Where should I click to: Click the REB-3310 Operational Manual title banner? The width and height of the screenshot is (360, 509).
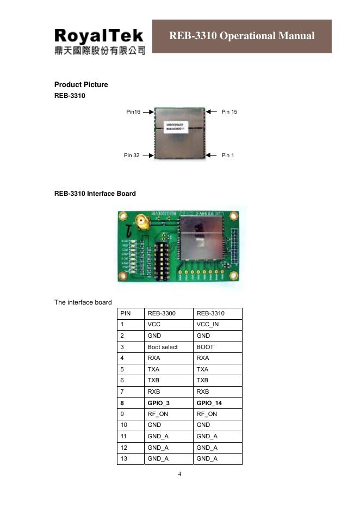[242, 36]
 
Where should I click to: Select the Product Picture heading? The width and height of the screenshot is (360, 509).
[81, 84]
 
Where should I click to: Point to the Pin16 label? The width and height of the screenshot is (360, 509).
[133, 112]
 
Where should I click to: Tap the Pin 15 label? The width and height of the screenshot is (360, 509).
[229, 112]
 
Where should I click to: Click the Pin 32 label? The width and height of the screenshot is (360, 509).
[132, 156]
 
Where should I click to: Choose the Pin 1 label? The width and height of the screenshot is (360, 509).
[228, 156]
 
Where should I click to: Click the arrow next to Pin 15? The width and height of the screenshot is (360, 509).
[212, 112]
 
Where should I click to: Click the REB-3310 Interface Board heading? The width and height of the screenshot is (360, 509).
[95, 194]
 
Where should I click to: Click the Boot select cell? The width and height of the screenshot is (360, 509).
[163, 347]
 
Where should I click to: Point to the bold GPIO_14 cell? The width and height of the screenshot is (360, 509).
[209, 403]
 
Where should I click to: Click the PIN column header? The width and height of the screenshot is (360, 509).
[126, 314]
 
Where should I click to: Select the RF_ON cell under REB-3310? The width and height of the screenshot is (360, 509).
[207, 414]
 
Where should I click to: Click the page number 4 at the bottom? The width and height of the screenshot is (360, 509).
[180, 474]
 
